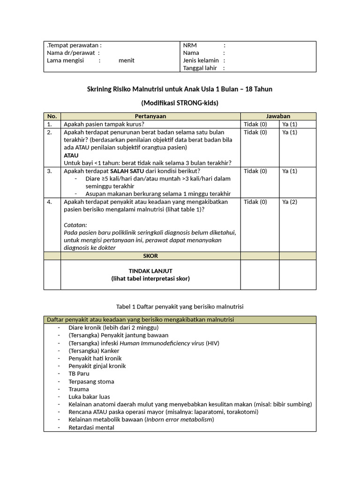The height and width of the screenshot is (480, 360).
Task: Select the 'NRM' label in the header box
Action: (190, 45)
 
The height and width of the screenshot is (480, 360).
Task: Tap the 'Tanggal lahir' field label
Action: (200, 68)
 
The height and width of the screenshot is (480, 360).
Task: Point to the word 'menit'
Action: (127, 60)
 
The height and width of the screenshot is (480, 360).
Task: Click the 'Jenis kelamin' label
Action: (201, 60)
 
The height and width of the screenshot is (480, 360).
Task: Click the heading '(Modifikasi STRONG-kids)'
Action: (180, 103)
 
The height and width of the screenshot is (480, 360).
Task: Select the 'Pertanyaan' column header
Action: (150, 116)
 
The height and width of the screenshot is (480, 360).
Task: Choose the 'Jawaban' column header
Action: (278, 116)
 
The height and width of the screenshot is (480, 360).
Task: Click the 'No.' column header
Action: (52, 116)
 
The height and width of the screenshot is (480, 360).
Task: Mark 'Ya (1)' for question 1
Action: (290, 124)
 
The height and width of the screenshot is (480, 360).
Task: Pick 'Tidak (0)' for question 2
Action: (255, 132)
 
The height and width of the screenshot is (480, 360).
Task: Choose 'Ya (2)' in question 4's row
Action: (290, 202)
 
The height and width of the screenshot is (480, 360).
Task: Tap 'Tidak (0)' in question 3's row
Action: (255, 171)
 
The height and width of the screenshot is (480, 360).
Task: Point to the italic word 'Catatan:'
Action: (75, 225)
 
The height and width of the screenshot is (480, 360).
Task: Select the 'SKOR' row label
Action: (150, 255)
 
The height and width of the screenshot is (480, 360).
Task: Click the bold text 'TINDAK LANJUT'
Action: (150, 271)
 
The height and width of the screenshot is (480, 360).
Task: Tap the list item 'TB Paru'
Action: (79, 374)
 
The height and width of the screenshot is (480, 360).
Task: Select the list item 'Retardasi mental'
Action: (91, 427)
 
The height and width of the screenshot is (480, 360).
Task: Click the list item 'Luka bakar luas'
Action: (89, 397)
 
